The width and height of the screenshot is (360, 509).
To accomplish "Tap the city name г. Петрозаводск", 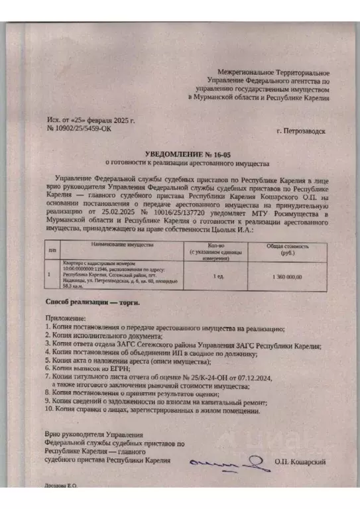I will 302,132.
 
